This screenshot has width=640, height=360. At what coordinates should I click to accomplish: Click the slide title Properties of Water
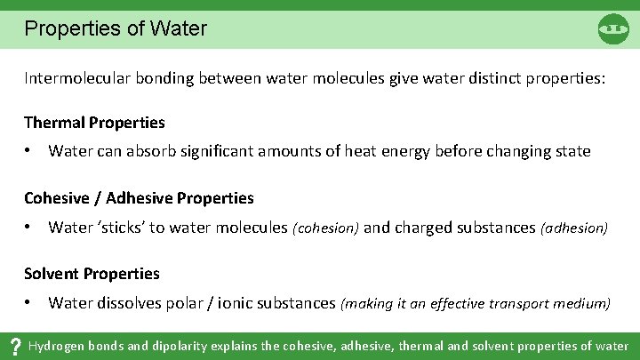116,28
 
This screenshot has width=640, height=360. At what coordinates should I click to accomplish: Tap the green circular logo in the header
613,29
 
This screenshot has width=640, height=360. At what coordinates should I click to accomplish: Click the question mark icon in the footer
14,347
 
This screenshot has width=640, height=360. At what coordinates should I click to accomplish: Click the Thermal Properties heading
94,122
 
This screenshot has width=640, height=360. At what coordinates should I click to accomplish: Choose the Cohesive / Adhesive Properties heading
139,197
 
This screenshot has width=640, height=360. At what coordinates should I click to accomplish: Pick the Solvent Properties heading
92,273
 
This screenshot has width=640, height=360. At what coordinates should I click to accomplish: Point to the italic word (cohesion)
325,228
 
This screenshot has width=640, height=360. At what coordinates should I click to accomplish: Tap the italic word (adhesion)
573,228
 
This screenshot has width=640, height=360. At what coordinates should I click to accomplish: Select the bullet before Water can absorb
28,151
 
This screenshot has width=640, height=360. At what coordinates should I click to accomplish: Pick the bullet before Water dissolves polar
28,303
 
